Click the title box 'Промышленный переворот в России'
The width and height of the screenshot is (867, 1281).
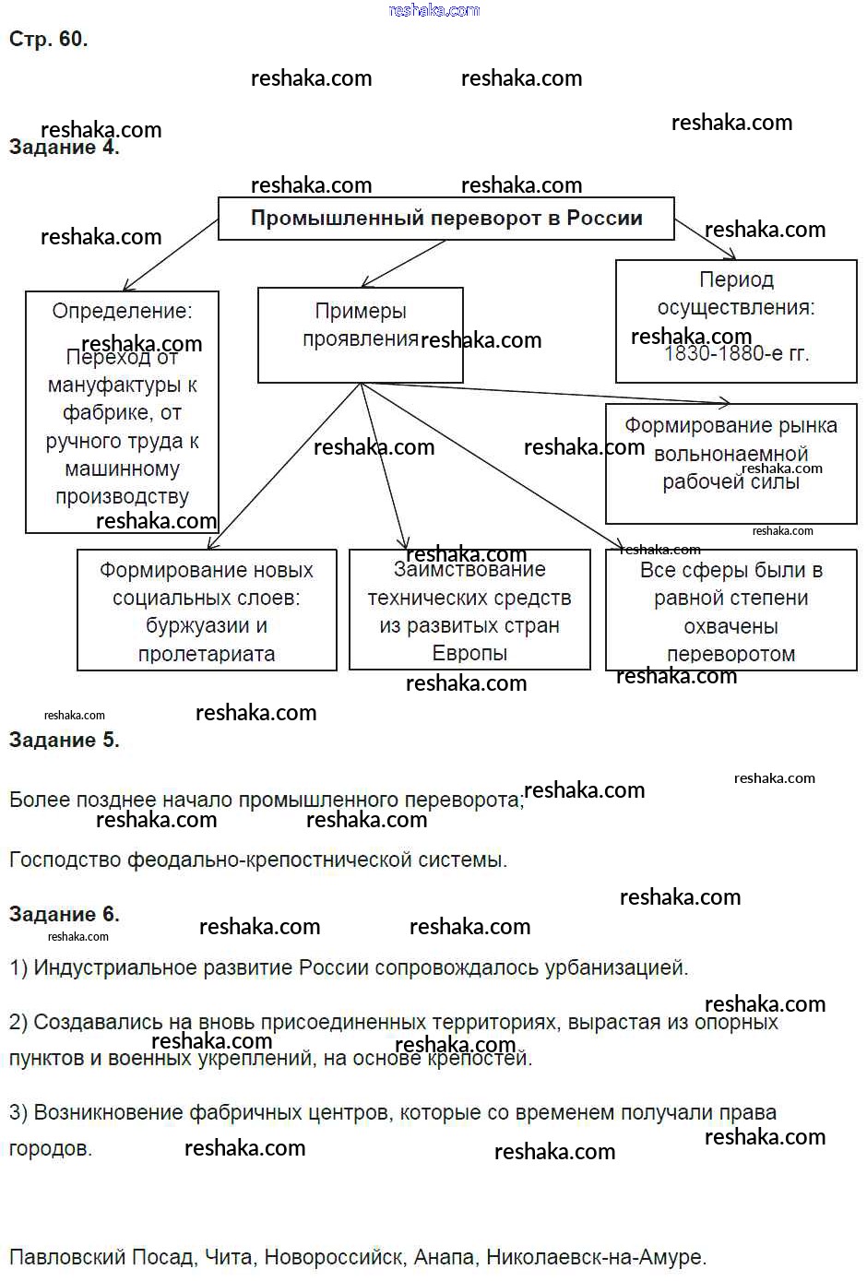click(x=446, y=219)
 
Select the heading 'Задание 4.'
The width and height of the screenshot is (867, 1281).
click(x=64, y=148)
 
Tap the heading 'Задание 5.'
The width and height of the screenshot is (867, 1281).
click(x=64, y=740)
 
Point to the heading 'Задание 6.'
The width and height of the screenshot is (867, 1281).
click(x=64, y=914)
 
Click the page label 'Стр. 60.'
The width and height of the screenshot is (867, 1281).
click(x=48, y=39)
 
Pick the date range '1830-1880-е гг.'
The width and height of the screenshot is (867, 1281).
click(x=736, y=353)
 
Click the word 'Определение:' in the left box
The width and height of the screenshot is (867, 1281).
click(x=122, y=311)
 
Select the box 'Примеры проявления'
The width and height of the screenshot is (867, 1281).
click(x=361, y=334)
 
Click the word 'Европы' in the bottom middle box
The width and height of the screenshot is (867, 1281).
click(x=469, y=653)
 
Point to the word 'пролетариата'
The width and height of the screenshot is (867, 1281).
click(x=207, y=654)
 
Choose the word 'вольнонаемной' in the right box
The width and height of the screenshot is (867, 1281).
click(x=730, y=454)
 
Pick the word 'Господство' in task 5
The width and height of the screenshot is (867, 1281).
click(x=65, y=860)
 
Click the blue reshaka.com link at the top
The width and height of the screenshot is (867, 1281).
click(x=434, y=10)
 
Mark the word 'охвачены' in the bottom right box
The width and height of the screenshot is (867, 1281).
click(x=730, y=626)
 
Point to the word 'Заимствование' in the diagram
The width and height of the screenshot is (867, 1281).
click(x=469, y=570)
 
